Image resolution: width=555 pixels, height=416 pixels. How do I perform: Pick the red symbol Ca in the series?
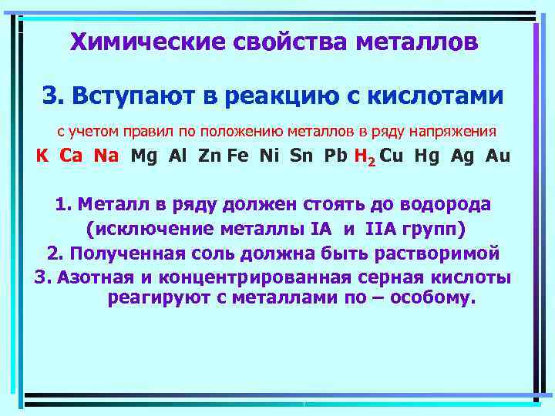72,156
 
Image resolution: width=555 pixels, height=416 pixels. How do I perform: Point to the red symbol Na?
106,156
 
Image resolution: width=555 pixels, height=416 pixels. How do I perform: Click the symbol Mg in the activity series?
144,156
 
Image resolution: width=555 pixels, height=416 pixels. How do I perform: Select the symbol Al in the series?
178,156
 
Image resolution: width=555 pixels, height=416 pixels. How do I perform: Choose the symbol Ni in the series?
270,156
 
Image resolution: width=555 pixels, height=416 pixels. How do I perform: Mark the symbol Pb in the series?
336,156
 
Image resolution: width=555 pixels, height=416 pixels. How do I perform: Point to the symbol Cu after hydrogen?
392,156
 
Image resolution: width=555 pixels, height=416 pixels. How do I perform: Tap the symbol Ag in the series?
463,156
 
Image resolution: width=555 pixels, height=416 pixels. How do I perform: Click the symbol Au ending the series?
498,156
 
